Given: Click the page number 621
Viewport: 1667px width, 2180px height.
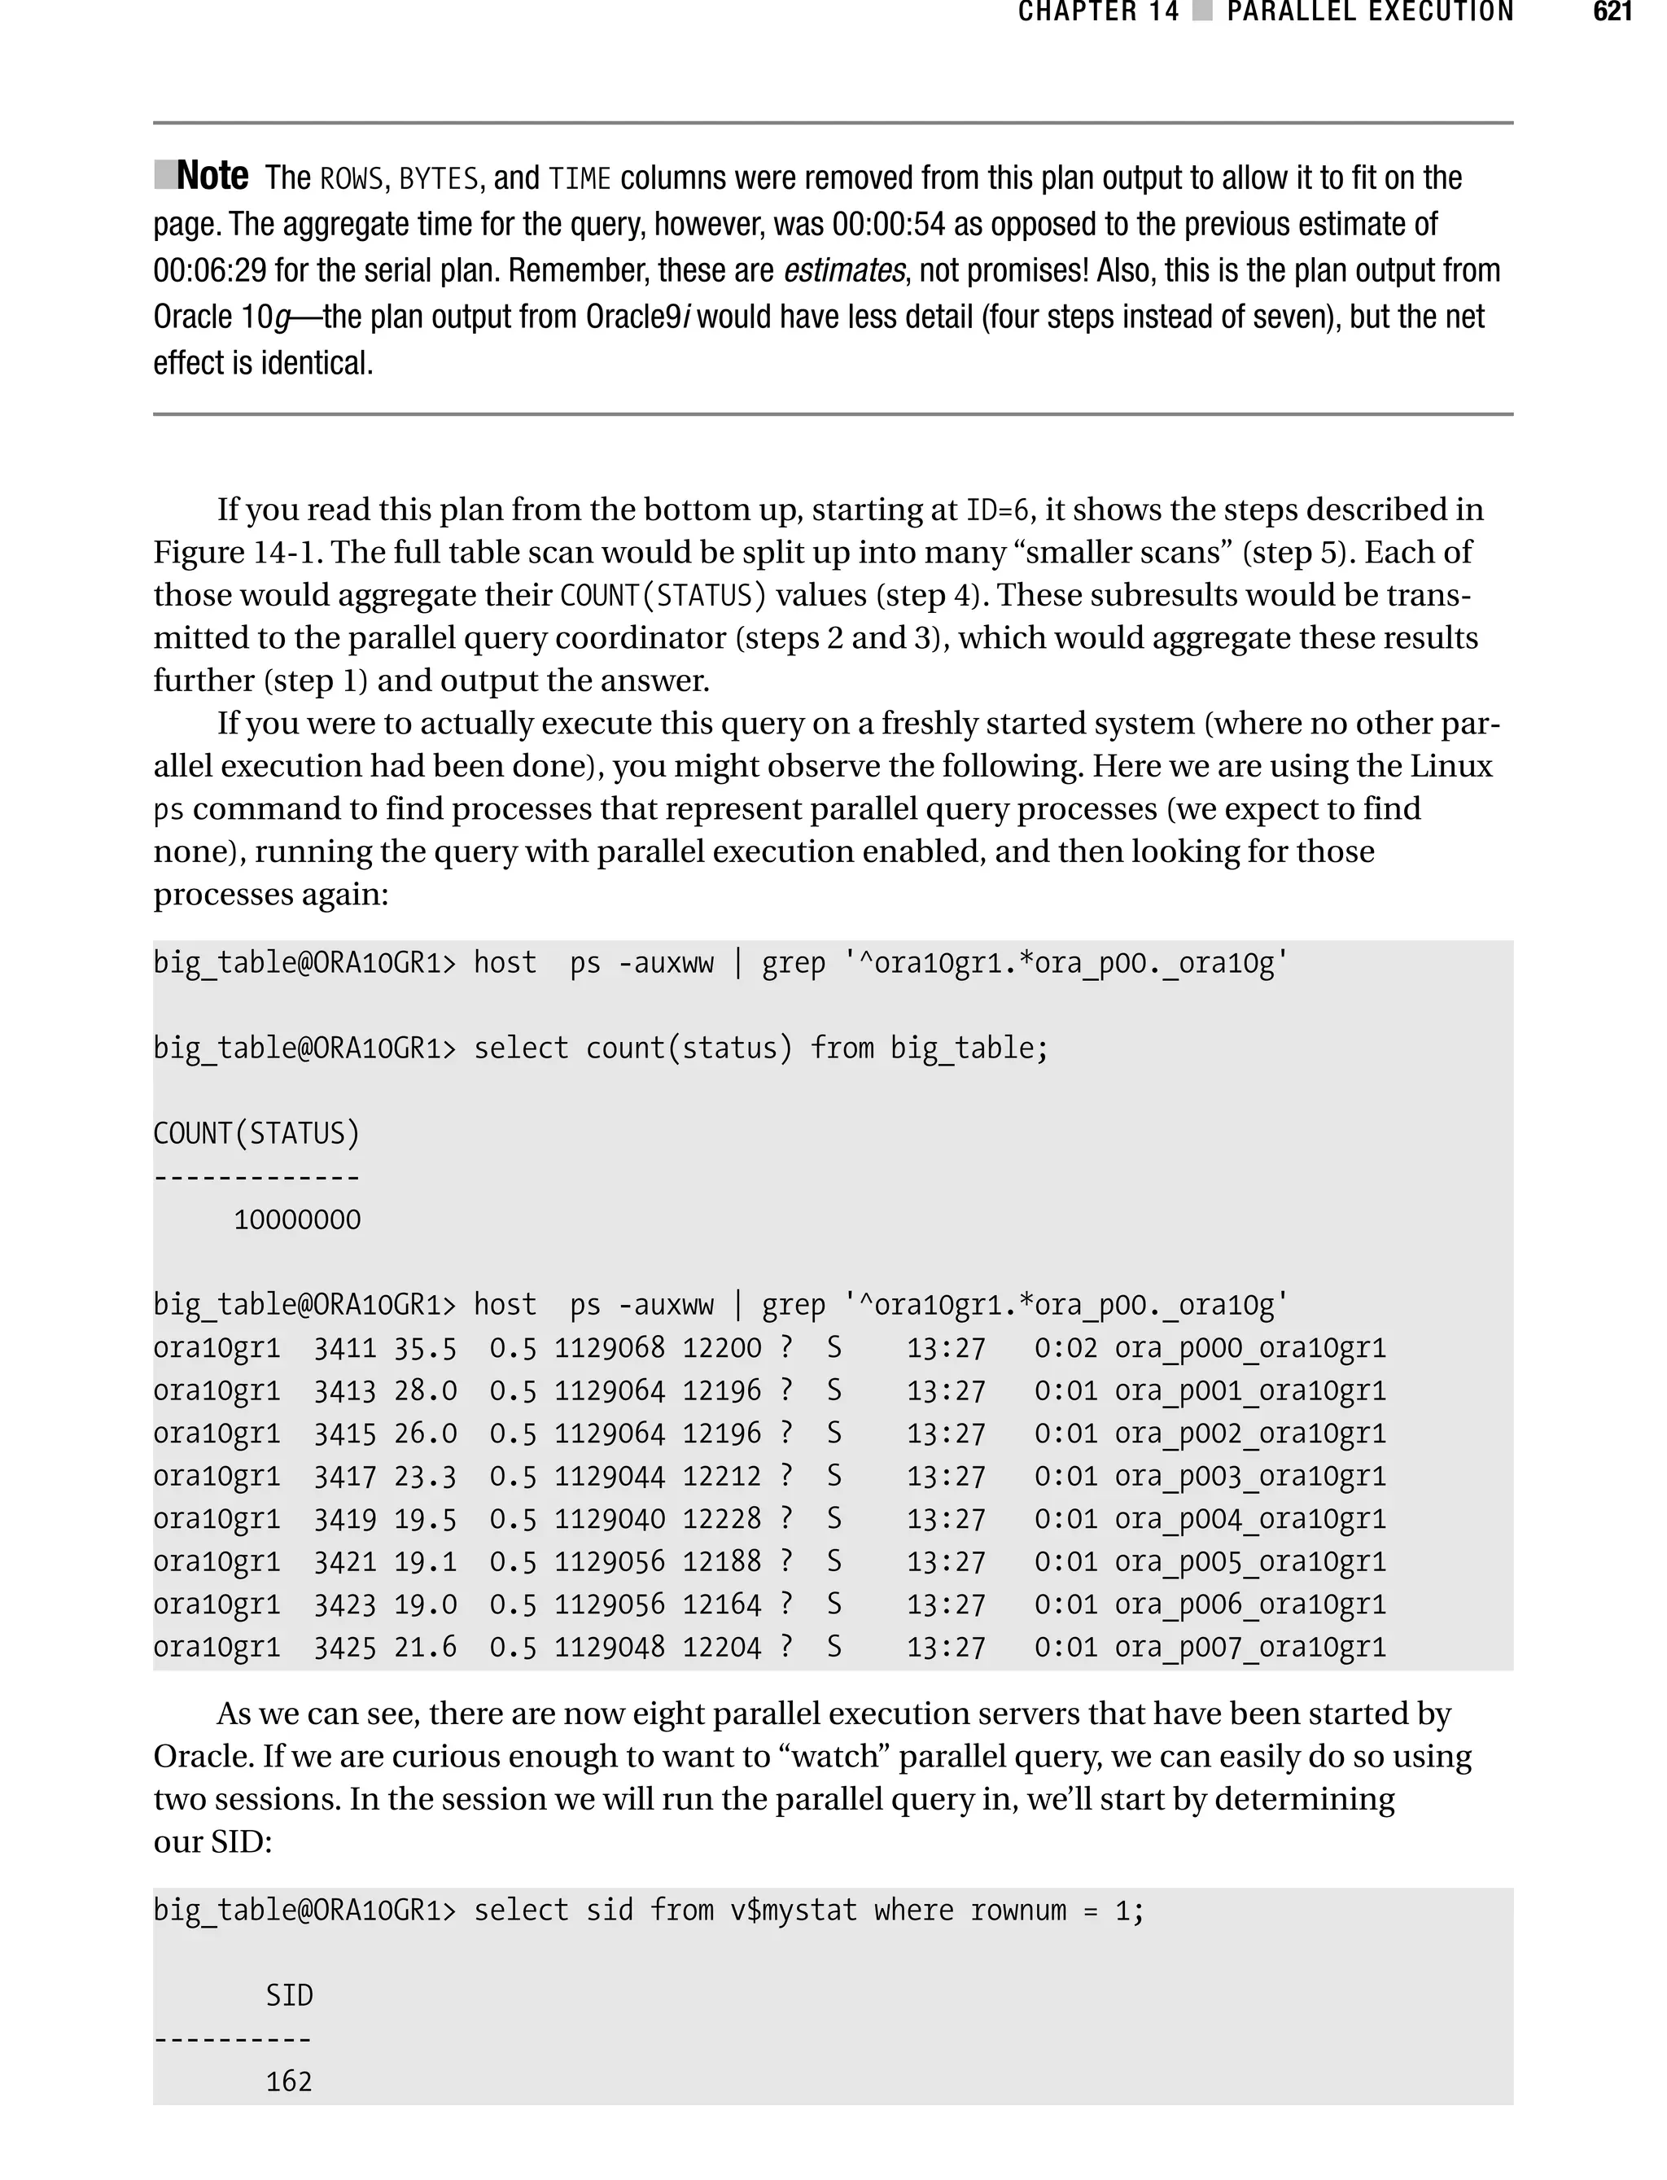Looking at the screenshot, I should click(1612, 12).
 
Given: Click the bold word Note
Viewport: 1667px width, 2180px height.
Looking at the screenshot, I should click(212, 176).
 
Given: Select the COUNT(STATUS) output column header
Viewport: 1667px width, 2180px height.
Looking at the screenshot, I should click(257, 1133).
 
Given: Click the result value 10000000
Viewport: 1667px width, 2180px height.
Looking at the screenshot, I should click(296, 1219).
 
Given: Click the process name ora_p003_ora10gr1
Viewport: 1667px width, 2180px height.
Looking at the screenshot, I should click(1249, 1477).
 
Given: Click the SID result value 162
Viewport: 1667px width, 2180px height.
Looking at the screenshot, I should click(289, 2082).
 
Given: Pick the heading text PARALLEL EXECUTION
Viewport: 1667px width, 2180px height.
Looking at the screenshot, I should click(1369, 12).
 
